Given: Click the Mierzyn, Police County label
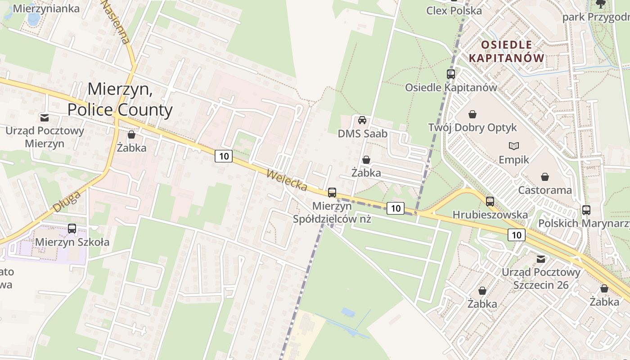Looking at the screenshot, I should (120, 99).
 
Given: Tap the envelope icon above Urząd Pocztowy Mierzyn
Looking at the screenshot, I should (45, 118).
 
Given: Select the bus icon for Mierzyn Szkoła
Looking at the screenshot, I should (72, 228).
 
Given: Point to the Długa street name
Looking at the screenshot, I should (67, 201).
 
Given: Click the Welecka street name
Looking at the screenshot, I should (287, 180).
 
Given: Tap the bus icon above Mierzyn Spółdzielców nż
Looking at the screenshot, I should (332, 193).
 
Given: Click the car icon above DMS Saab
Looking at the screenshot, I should (362, 120).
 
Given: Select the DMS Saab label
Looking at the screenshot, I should (362, 134).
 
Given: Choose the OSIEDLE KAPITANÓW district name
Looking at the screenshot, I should (507, 51).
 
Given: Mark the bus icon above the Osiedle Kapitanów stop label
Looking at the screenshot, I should (451, 74).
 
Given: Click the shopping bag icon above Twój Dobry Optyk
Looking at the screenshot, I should (472, 114).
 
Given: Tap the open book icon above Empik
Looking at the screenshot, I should (514, 146).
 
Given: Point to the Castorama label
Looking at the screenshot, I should (545, 190).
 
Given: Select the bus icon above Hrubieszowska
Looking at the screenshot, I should (490, 202).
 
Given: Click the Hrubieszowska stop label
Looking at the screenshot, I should (490, 215).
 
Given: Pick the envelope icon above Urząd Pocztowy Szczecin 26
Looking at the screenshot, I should (541, 259).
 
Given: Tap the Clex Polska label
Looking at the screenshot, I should (454, 11).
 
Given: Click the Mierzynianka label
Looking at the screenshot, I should (46, 9).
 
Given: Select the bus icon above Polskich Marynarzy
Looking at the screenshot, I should (586, 210).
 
